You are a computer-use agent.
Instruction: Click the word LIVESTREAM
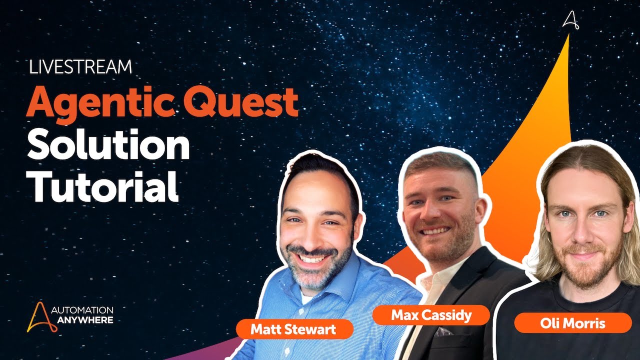click(x=80, y=67)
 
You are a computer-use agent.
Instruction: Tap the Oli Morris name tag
click(x=572, y=323)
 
